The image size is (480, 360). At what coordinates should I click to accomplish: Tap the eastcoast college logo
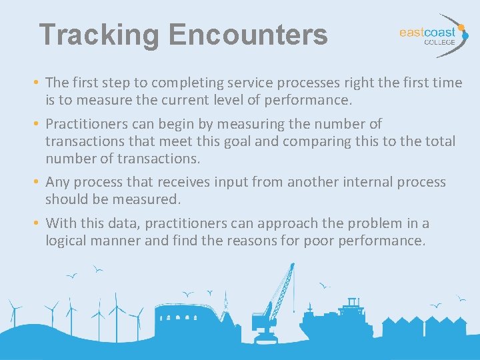[x=430, y=35]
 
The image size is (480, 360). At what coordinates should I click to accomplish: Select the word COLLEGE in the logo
[x=440, y=42]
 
